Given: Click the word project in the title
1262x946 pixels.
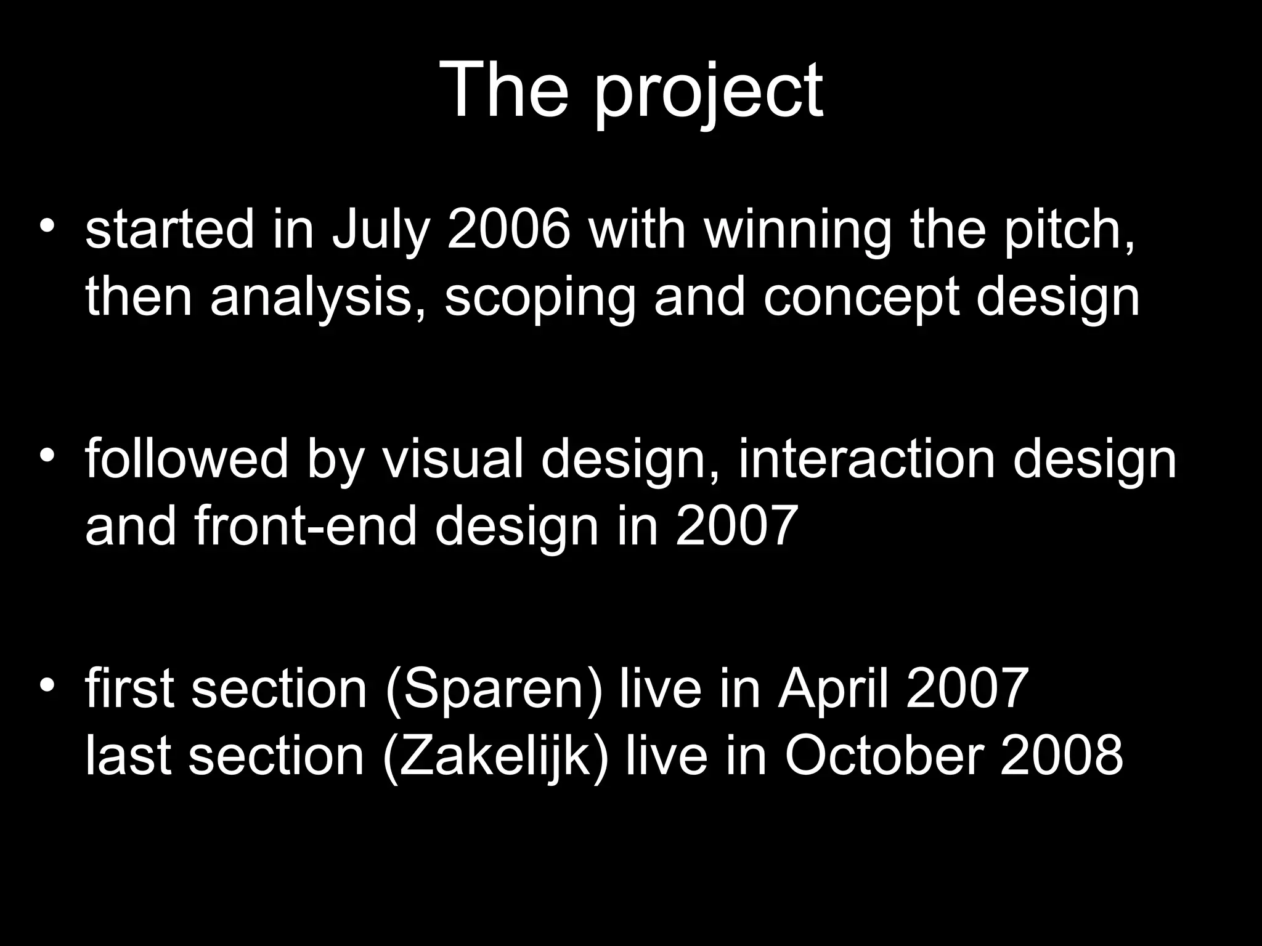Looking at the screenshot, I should pos(709,92).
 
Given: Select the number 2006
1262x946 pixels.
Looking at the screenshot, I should pos(508,230).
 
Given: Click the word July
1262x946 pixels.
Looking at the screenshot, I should pos(380,233).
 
